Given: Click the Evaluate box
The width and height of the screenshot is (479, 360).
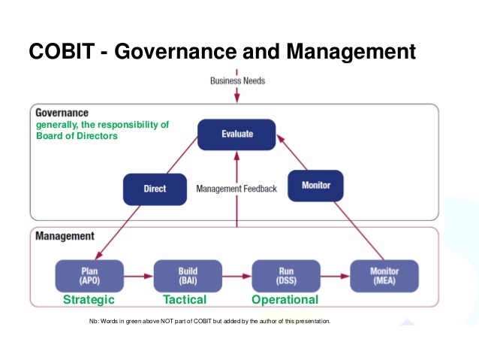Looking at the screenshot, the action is [236, 135].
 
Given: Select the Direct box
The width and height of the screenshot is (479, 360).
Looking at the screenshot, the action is [155, 189].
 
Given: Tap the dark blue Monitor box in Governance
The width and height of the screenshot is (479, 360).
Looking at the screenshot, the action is [315, 186].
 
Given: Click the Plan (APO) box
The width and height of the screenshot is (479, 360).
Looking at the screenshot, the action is [89, 276].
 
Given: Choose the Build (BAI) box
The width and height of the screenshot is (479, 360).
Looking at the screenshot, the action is [188, 276].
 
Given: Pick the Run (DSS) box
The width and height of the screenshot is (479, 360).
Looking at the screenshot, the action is [286, 276].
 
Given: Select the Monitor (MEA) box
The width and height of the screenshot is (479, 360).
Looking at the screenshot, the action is [384, 276].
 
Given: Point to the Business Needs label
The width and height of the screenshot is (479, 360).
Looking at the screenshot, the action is [237, 80].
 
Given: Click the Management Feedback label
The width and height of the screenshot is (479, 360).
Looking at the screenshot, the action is [236, 189].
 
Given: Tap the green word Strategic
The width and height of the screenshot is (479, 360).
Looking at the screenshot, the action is [89, 299].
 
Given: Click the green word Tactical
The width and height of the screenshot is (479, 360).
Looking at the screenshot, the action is [185, 299].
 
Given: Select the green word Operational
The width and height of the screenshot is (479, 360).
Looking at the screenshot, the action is [285, 299].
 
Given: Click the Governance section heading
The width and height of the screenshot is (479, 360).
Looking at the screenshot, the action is [62, 113].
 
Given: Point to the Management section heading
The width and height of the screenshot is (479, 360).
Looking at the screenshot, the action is [65, 236].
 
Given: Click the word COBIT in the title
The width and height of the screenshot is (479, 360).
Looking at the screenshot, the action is [62, 51].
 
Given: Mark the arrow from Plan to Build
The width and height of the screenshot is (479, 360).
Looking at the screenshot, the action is [139, 276].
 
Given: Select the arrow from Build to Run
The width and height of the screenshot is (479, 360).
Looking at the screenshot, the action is [237, 276].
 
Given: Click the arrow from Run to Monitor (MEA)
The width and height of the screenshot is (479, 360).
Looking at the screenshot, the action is [335, 276].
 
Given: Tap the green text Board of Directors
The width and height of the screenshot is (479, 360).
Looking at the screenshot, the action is [77, 136].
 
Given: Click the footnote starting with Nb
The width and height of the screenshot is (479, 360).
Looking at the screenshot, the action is [210, 321].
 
